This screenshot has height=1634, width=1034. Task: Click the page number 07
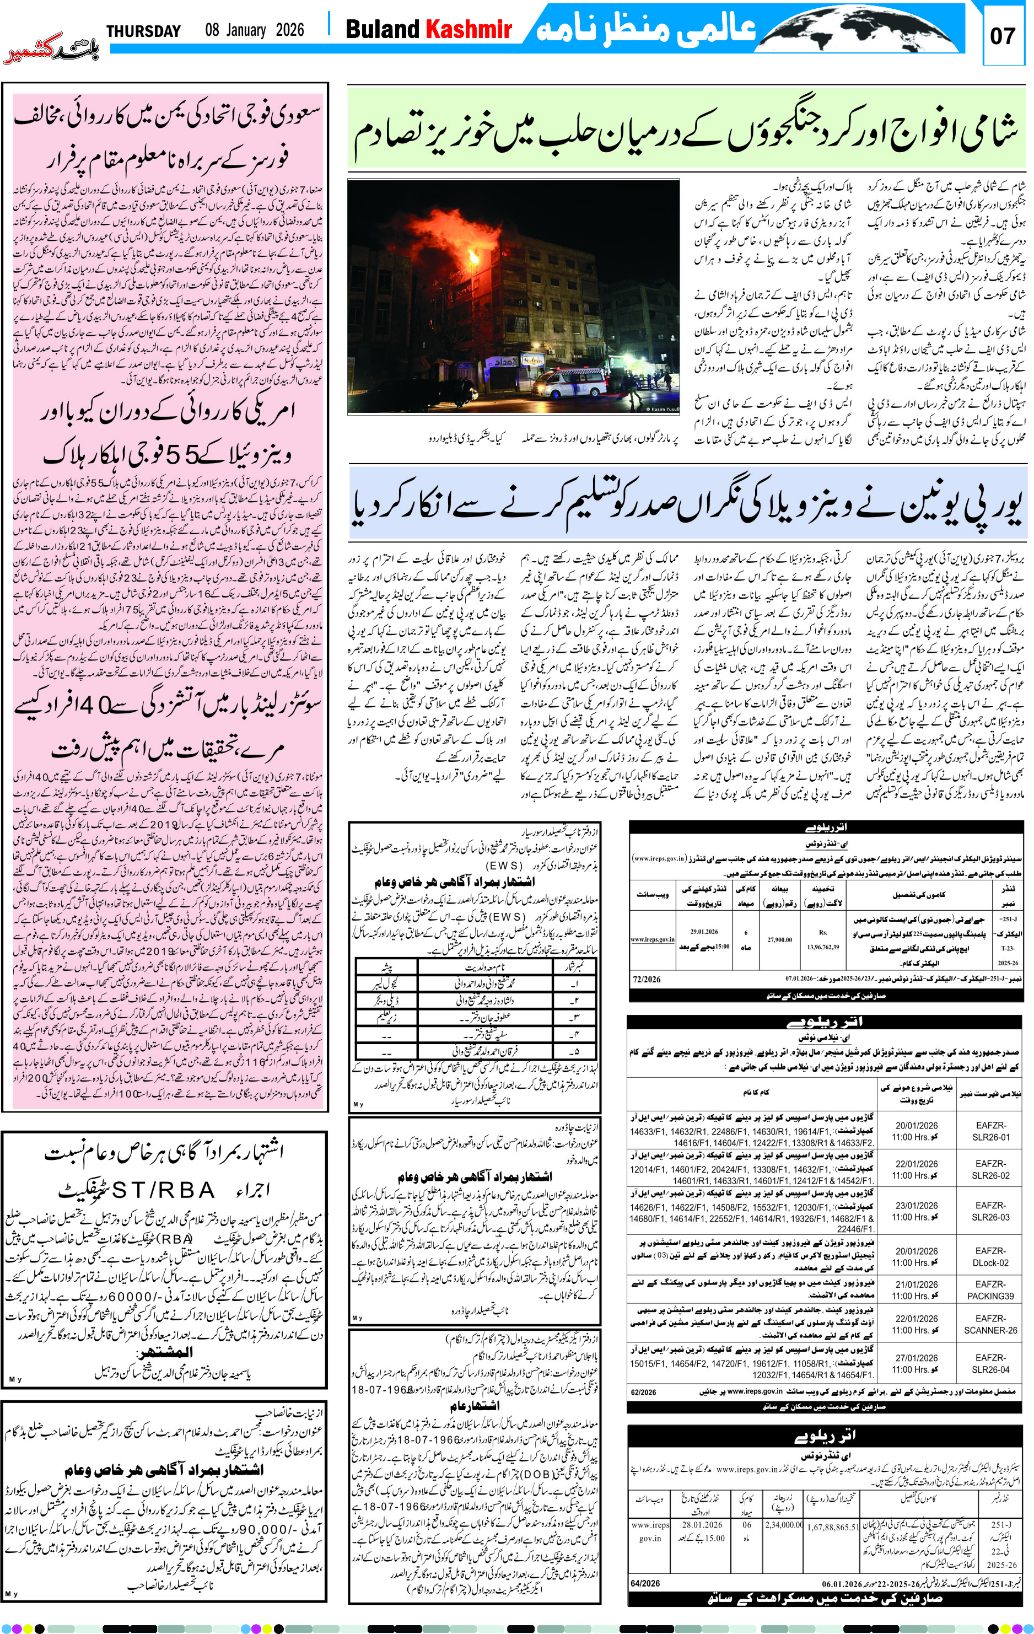pyautogui.click(x=1002, y=35)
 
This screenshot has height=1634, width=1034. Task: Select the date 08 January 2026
pyautogui.click(x=255, y=30)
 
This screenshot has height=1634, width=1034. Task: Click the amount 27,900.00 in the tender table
pyautogui.click(x=779, y=940)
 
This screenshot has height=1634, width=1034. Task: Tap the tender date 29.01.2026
pyautogui.click(x=704, y=932)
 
